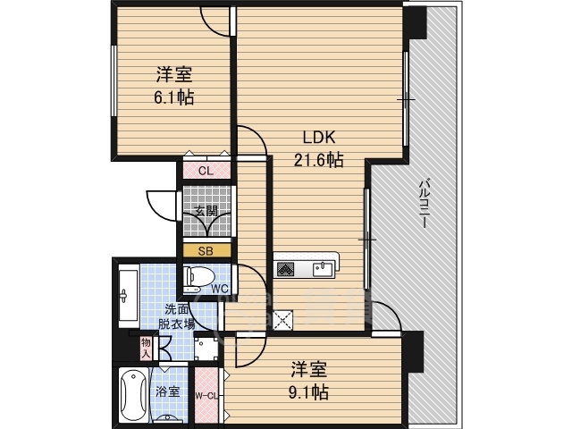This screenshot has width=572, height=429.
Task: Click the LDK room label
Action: click(x=316, y=139)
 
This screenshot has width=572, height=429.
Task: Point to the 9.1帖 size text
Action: click(x=309, y=391)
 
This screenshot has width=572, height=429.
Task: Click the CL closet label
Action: click(x=205, y=171)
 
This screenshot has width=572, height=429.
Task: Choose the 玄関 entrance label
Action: click(x=206, y=212)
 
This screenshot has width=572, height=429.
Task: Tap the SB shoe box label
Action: click(x=205, y=251)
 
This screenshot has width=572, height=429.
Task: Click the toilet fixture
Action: click(x=198, y=279)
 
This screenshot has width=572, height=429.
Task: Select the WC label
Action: click(x=221, y=288)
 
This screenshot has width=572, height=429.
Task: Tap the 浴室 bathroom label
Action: click(x=168, y=391)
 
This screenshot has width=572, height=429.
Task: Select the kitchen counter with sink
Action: click(x=305, y=267)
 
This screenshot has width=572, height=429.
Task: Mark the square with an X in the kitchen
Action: click(x=284, y=319)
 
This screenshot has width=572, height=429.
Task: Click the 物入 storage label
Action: click(x=146, y=346)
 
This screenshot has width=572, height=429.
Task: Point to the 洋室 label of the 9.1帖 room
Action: click(x=309, y=369)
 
